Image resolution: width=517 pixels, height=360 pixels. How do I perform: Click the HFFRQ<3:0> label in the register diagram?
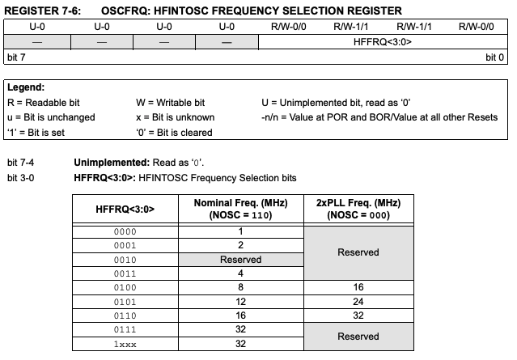[x=384, y=41]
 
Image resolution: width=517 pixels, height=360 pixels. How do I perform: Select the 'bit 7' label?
[x=16, y=57]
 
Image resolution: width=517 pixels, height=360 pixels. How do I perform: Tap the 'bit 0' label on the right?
[x=494, y=57]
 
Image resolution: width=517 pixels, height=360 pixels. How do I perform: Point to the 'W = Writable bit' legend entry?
[x=170, y=103]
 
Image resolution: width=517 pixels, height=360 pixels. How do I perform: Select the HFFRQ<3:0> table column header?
[x=125, y=208]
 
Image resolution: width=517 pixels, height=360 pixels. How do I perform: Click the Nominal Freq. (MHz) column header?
[x=241, y=208]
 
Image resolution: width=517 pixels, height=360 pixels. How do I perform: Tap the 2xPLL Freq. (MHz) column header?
[x=358, y=208]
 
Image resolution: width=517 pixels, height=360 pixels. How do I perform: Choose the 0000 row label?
[x=125, y=231]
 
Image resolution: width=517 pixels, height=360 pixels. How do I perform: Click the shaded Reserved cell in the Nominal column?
[x=241, y=259]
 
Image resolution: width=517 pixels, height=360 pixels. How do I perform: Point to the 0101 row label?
[x=125, y=301]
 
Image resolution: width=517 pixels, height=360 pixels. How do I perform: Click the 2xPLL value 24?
[x=358, y=301]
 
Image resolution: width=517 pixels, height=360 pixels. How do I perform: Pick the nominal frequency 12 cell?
[x=241, y=301]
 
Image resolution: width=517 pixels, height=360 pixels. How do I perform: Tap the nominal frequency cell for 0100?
[x=241, y=286]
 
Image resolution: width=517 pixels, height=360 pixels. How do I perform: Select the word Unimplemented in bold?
[x=106, y=162]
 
